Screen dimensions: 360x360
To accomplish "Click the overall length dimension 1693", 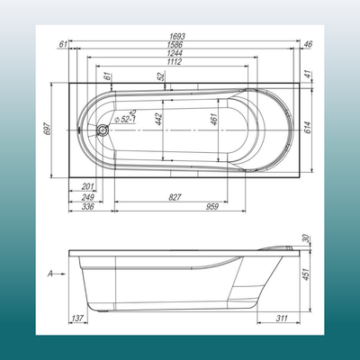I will tap(181, 37).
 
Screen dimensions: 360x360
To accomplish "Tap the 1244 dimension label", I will tap(181, 53).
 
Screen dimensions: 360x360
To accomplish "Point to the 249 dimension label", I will tap(88, 196).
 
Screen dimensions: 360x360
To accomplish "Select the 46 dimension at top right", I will tap(309, 43).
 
